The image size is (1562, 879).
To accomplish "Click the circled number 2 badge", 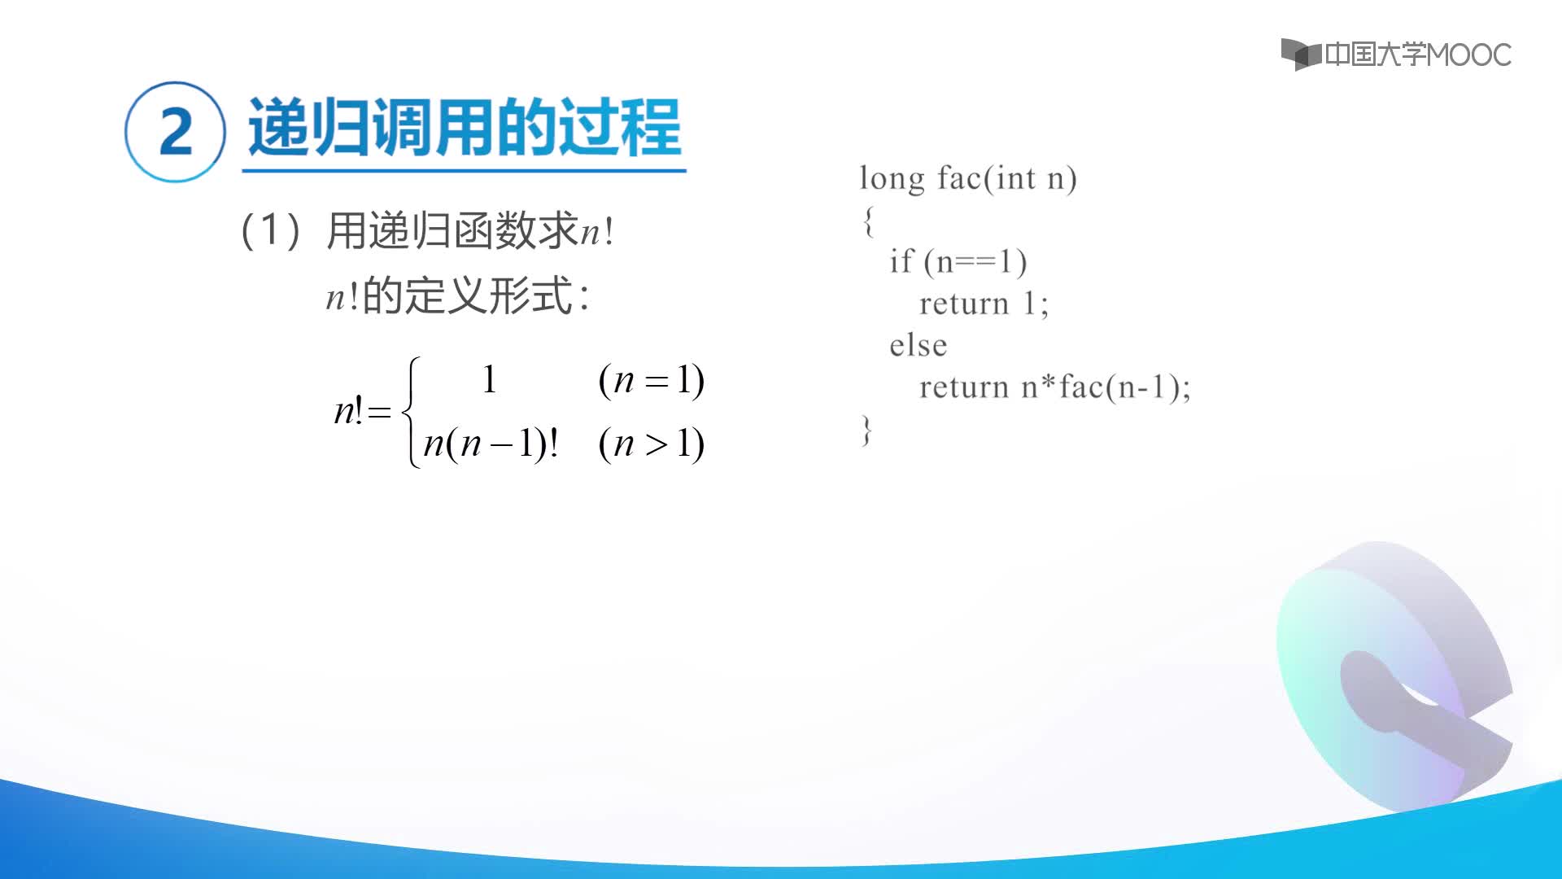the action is (x=175, y=131).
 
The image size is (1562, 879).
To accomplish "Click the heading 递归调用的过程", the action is (x=464, y=127).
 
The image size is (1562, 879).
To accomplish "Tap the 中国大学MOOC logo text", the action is (x=1417, y=55).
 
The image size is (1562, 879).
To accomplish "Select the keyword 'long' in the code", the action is (x=892, y=179).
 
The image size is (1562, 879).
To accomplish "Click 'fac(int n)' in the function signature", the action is (x=1007, y=179).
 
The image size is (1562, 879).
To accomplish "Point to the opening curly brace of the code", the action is (x=869, y=221).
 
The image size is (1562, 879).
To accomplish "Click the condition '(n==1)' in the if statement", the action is (x=975, y=262).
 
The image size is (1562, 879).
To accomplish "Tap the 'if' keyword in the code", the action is (x=901, y=260).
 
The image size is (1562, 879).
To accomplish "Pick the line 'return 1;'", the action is (x=984, y=304).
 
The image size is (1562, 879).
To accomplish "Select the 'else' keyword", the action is (x=918, y=345).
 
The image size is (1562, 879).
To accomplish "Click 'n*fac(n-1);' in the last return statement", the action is (x=1106, y=387).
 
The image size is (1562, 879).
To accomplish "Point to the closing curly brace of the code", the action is (x=867, y=430).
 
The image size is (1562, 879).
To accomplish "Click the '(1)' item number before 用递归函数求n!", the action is (x=272, y=230).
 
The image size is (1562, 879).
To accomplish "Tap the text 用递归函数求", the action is (x=452, y=230).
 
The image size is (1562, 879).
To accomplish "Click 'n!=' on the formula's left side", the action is (x=363, y=411).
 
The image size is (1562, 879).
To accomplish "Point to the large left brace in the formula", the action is (x=412, y=412).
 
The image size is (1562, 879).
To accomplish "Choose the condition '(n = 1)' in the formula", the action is (x=652, y=379).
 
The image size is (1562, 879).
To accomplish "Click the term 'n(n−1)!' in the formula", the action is (x=491, y=444).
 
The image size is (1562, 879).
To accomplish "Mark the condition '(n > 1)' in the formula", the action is (x=652, y=444).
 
